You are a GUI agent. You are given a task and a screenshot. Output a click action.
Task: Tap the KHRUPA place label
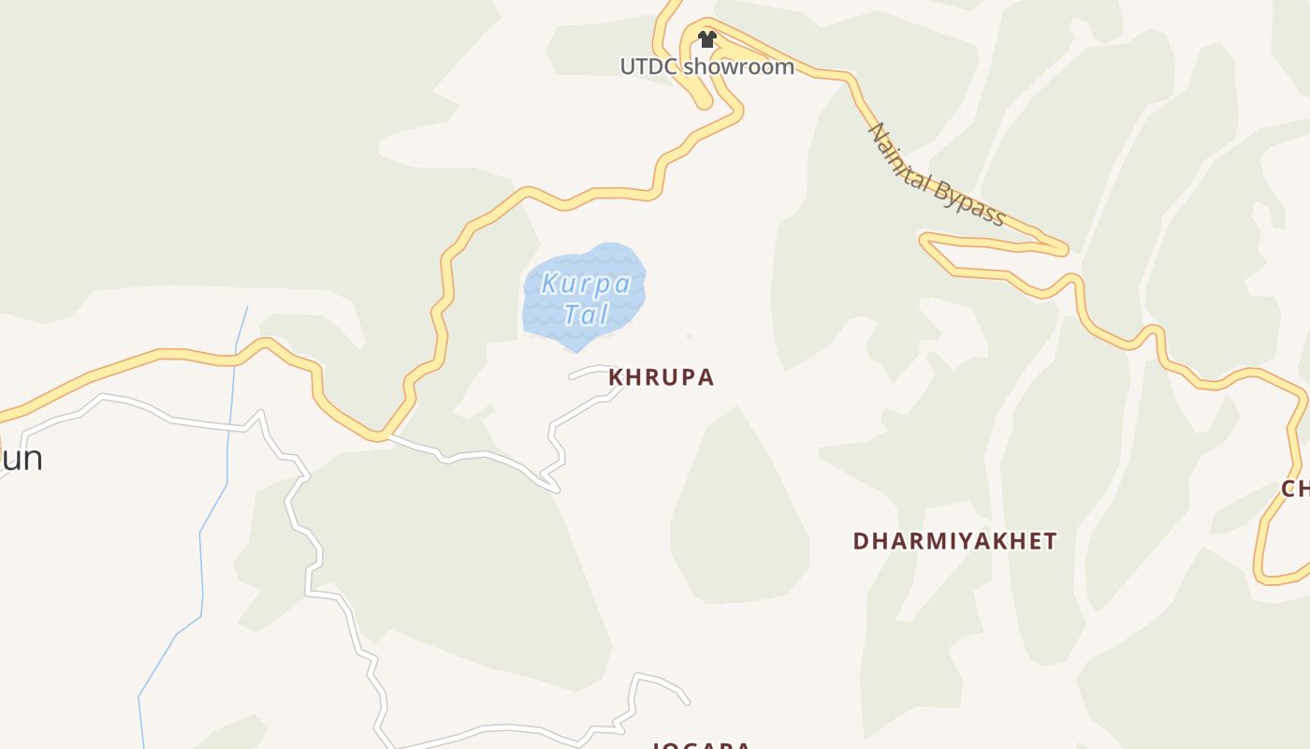(x=662, y=377)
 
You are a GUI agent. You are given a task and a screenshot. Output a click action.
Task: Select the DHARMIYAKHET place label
(x=954, y=541)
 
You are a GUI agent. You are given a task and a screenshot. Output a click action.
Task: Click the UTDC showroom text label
(x=706, y=66)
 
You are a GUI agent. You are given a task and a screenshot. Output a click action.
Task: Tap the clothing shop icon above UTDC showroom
(x=707, y=39)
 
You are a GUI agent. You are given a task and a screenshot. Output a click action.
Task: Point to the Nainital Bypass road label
(x=937, y=175)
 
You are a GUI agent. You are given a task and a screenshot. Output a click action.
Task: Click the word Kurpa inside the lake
(x=586, y=284)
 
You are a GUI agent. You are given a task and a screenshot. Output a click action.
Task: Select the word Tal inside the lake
(x=587, y=315)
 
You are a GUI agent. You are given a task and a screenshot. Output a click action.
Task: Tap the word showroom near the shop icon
(x=738, y=66)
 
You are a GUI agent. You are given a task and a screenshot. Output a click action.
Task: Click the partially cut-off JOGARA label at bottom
(x=701, y=745)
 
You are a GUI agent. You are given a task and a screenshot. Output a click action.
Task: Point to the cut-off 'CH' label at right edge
(x=1295, y=489)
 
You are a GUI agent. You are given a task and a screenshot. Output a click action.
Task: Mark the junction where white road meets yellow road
(x=386, y=435)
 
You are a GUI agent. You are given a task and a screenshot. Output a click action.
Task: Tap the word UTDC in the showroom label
(x=648, y=66)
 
